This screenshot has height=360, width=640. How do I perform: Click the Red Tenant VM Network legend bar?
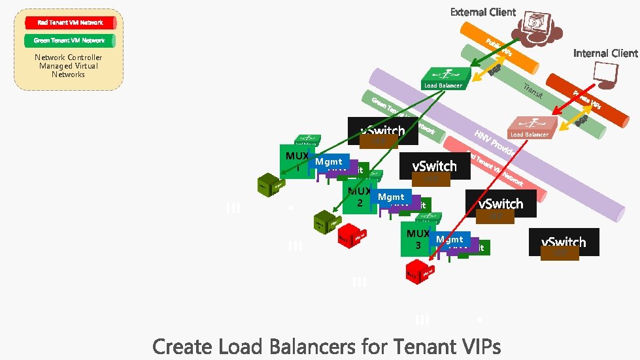(x=70, y=23)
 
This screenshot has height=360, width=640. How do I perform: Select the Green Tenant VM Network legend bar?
(x=70, y=41)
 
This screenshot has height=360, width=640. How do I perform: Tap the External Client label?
(x=482, y=12)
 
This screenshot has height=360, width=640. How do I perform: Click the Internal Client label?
(x=605, y=53)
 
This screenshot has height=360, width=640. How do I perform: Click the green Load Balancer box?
(x=445, y=78)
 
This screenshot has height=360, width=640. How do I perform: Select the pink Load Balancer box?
(x=531, y=127)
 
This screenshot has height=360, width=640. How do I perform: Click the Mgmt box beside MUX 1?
(x=329, y=161)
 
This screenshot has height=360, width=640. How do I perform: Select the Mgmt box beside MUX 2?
(x=391, y=197)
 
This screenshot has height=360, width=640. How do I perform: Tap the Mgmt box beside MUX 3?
(x=450, y=240)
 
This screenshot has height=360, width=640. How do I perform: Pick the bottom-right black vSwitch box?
(x=564, y=242)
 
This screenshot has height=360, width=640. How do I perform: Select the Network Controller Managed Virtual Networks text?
(x=69, y=66)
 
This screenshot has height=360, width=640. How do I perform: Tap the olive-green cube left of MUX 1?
(x=269, y=185)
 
